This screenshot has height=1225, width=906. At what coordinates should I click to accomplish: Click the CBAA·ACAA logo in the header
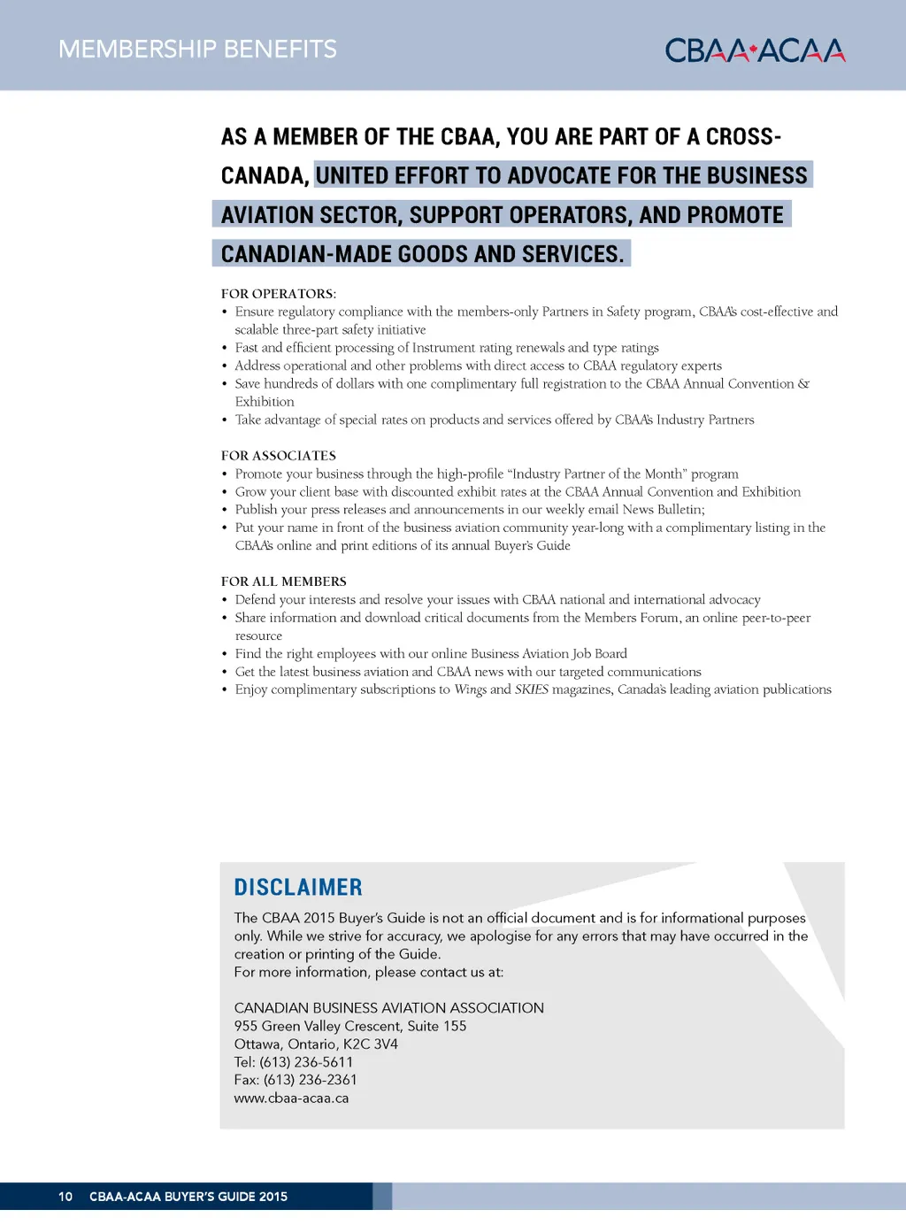coord(755,50)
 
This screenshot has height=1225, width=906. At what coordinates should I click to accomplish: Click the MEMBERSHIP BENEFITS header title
coord(197,50)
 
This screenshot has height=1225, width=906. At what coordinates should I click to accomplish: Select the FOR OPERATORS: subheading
coord(279,294)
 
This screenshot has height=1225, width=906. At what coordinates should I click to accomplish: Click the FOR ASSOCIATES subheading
coord(279,456)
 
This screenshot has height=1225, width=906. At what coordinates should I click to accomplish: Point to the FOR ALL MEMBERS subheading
coord(284,582)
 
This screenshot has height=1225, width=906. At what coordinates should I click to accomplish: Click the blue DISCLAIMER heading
coord(298,888)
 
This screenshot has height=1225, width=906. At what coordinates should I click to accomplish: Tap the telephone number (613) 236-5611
coord(306,1062)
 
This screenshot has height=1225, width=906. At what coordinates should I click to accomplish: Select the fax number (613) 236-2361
coord(311,1080)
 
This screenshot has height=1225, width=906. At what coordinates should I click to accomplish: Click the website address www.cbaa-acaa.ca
coord(291,1098)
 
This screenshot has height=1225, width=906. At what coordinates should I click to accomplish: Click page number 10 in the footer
coord(65,1197)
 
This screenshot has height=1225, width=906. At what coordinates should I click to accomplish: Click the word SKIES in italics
coord(532,690)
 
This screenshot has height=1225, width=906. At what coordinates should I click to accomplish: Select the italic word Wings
coord(471,690)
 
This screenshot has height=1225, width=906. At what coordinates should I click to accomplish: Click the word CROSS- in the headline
coord(743,137)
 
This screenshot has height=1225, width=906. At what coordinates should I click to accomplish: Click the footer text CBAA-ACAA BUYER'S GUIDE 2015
coord(188,1197)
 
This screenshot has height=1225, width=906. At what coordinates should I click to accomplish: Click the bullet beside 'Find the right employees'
coord(225,654)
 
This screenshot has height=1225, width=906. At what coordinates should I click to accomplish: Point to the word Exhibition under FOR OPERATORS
coord(265,402)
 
